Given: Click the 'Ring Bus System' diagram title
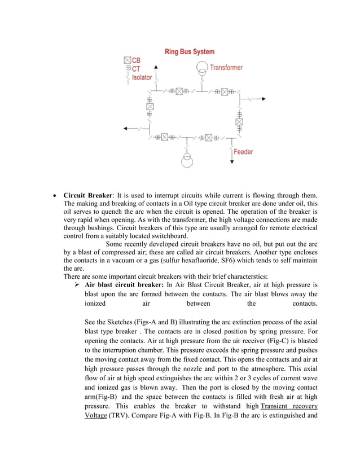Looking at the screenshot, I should click(x=189, y=52).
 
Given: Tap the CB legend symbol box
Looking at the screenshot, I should click(x=127, y=60).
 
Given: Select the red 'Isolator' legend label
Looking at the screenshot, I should click(x=142, y=77).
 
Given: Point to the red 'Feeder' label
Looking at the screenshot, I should click(x=243, y=152).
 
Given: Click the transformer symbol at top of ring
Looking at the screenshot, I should click(x=201, y=69).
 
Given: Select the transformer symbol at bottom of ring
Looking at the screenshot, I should click(x=187, y=160).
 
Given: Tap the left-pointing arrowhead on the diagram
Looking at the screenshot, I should click(x=126, y=129).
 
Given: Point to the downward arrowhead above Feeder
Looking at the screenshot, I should click(x=232, y=162).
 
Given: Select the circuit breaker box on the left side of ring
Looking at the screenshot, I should click(x=150, y=106).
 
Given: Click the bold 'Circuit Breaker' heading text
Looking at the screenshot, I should click(x=87, y=196).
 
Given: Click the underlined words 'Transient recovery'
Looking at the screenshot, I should click(x=289, y=406).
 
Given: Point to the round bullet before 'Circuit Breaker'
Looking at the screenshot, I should click(x=54, y=196).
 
